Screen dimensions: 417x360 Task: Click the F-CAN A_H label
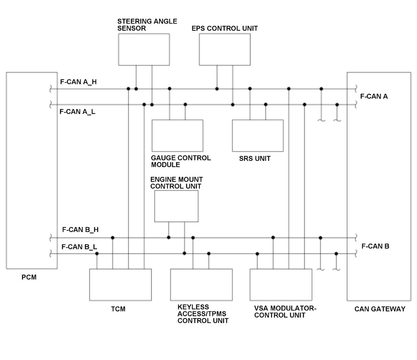click(x=78, y=82)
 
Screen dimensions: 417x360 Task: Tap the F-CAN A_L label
click(x=77, y=112)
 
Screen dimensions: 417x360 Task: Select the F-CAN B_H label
click(x=80, y=230)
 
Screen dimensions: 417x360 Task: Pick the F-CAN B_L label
click(x=79, y=247)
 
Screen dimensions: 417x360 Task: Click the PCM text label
click(x=29, y=277)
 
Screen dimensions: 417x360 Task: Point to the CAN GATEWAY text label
click(x=380, y=309)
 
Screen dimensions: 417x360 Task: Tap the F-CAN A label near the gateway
click(x=374, y=96)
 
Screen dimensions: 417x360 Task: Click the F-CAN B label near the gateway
click(x=375, y=246)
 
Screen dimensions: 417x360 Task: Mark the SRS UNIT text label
click(x=255, y=159)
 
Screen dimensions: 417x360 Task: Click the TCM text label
click(x=118, y=309)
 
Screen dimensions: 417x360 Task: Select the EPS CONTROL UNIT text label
click(x=224, y=28)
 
